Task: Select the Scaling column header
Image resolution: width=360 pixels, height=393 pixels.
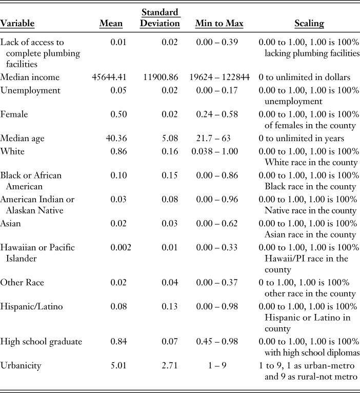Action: [309, 24]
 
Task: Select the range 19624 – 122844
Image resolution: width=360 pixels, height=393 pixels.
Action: [219, 77]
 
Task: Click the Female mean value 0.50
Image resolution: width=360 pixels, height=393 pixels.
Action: [122, 114]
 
